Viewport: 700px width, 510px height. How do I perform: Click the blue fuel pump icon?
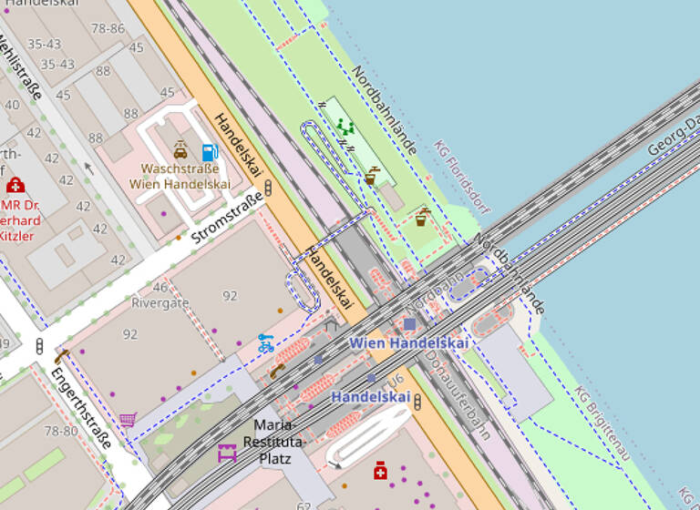(210, 153)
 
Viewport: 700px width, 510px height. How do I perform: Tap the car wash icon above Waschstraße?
(180, 150)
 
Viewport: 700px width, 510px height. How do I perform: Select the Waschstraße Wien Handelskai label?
(180, 176)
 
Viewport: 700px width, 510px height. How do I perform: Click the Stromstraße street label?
(227, 219)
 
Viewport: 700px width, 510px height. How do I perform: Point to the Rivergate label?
(160, 302)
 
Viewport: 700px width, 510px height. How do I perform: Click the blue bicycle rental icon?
(265, 343)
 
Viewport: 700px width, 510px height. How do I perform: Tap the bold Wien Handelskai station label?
(409, 343)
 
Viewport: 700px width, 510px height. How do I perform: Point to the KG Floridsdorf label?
(461, 178)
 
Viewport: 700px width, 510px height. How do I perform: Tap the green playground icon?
(345, 127)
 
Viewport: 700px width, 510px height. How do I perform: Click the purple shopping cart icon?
(128, 419)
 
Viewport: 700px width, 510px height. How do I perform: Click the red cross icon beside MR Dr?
(15, 186)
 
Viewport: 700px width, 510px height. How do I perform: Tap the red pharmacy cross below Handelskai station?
(380, 470)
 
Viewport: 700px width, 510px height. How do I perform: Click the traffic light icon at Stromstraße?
(269, 189)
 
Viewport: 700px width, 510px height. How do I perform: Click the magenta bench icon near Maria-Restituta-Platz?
(227, 453)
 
